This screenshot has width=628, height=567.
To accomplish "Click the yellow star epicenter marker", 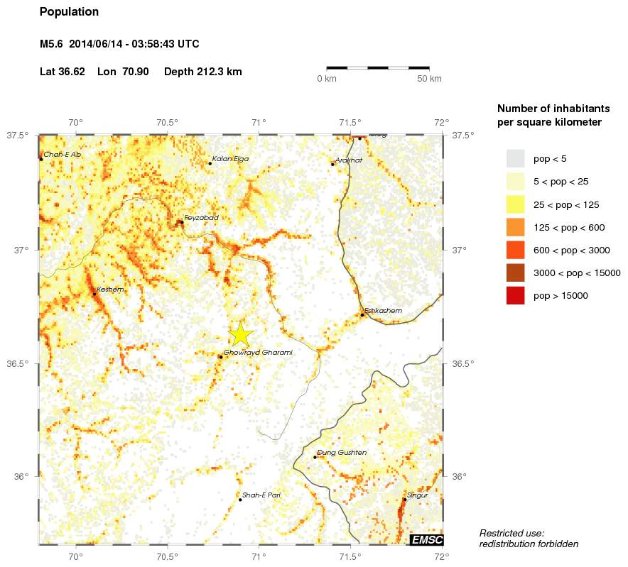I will (x=241, y=334).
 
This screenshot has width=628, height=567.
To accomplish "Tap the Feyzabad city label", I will (x=201, y=217).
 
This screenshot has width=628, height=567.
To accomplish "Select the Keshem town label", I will (x=110, y=290).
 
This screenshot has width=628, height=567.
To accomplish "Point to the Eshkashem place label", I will (x=383, y=311).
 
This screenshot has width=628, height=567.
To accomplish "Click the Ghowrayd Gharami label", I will (x=258, y=353).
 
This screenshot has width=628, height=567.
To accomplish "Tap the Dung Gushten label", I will (x=341, y=453).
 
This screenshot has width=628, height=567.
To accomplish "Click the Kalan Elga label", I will (x=231, y=159).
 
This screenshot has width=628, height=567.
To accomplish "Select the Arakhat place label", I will (x=349, y=160).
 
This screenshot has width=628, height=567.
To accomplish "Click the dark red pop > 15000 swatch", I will (x=515, y=296).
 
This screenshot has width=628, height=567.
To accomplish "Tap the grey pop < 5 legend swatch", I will (x=515, y=158).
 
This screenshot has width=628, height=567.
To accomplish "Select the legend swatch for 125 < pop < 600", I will (x=515, y=227).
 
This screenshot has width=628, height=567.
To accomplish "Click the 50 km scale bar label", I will (x=429, y=78).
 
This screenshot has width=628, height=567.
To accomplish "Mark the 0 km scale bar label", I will (x=326, y=78).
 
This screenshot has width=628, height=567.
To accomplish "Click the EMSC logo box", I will (x=427, y=540).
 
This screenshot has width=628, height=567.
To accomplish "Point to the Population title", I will (x=69, y=12).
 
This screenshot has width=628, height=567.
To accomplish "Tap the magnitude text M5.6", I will (x=52, y=44).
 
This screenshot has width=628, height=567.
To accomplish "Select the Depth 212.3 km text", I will (x=202, y=72).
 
